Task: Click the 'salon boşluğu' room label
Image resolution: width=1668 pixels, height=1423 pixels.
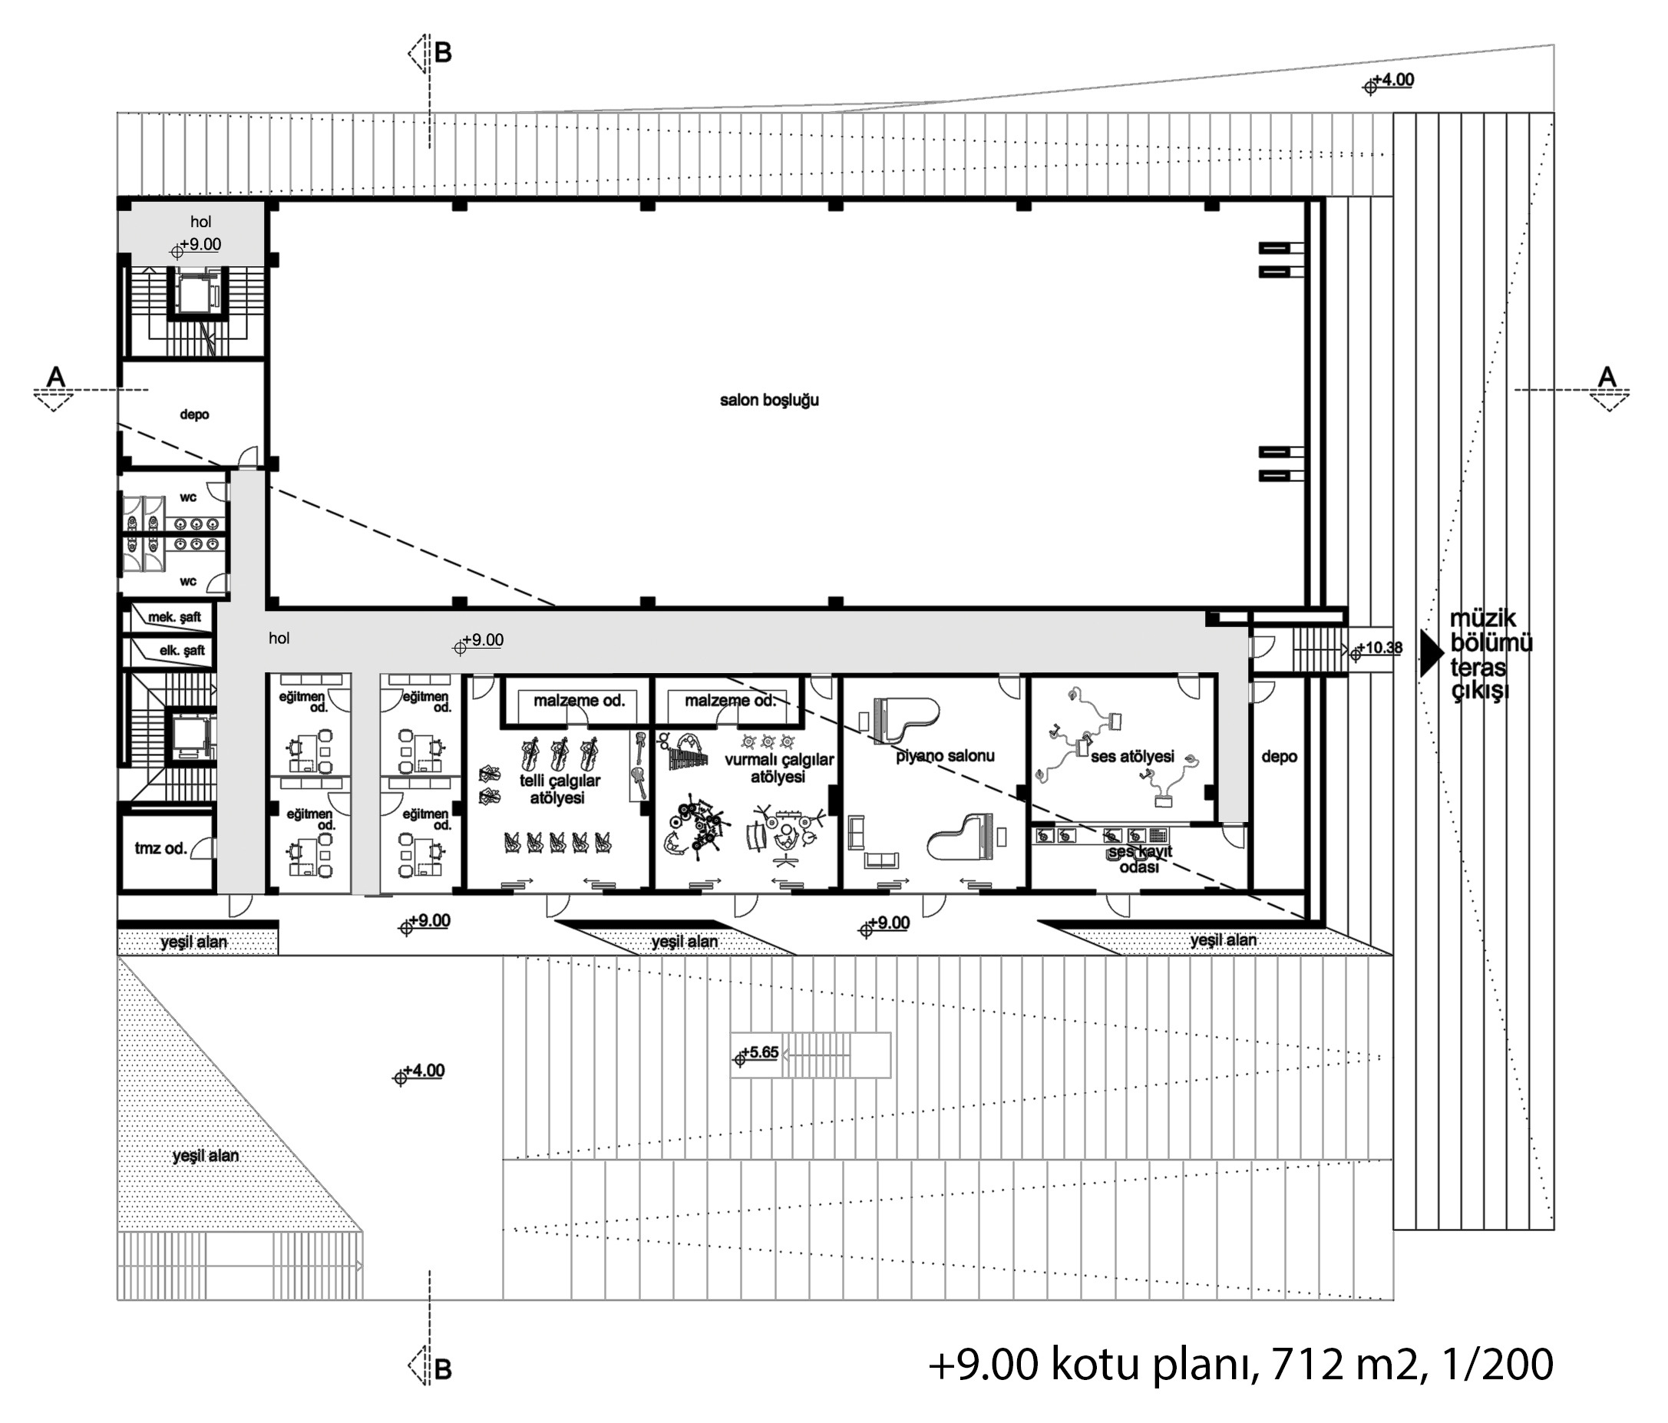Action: (769, 400)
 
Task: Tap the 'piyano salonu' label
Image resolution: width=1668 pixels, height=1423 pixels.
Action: (945, 756)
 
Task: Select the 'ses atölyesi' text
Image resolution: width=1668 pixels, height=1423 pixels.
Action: (1133, 757)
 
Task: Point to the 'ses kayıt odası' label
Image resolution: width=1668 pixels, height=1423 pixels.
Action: (1140, 859)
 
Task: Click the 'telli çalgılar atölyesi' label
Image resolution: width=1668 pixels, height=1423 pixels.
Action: (559, 789)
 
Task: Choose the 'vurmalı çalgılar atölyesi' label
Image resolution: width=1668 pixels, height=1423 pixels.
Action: (778, 768)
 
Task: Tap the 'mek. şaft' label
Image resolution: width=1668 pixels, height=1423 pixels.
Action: (175, 617)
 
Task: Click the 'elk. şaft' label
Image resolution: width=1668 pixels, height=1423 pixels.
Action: (182, 650)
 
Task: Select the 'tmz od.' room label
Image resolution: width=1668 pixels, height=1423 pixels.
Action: (160, 848)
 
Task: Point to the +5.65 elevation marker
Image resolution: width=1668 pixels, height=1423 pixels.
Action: (757, 1054)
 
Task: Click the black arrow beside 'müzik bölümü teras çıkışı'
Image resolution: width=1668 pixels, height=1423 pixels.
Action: (1432, 652)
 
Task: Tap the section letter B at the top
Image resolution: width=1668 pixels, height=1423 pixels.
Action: (443, 53)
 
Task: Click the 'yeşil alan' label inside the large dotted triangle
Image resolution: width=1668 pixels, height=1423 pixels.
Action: (205, 1156)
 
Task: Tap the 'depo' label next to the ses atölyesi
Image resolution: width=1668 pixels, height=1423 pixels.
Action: (1279, 757)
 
